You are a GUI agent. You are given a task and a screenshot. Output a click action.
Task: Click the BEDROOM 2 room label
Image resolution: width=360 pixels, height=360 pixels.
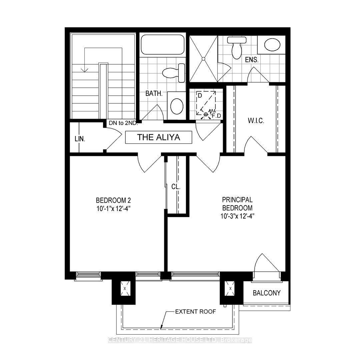click(113, 200)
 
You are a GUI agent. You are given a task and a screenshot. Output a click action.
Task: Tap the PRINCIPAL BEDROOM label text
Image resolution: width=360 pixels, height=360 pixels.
click(237, 204)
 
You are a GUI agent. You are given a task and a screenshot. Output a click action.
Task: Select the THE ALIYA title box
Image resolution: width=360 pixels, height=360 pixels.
click(159, 137)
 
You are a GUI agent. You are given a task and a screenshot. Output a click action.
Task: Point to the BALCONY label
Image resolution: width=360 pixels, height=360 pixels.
click(266, 293)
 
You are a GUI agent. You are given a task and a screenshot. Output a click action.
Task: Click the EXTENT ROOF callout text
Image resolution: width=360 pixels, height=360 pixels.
click(196, 312)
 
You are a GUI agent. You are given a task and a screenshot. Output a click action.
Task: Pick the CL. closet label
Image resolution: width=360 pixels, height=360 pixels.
click(176, 187)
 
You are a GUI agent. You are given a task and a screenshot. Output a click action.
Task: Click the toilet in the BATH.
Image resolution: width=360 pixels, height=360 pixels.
click(174, 72)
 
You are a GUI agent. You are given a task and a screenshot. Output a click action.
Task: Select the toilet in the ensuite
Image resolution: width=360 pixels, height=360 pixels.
click(237, 47)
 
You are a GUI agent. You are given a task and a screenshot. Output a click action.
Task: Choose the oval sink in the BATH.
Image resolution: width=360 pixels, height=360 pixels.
click(177, 106)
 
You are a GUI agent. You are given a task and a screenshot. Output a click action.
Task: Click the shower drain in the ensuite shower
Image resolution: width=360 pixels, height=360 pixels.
click(202, 59)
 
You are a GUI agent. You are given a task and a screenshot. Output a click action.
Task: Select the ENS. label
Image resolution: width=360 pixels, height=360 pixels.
click(252, 60)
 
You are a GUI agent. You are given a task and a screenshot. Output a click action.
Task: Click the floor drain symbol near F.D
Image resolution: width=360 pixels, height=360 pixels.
click(206, 114)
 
